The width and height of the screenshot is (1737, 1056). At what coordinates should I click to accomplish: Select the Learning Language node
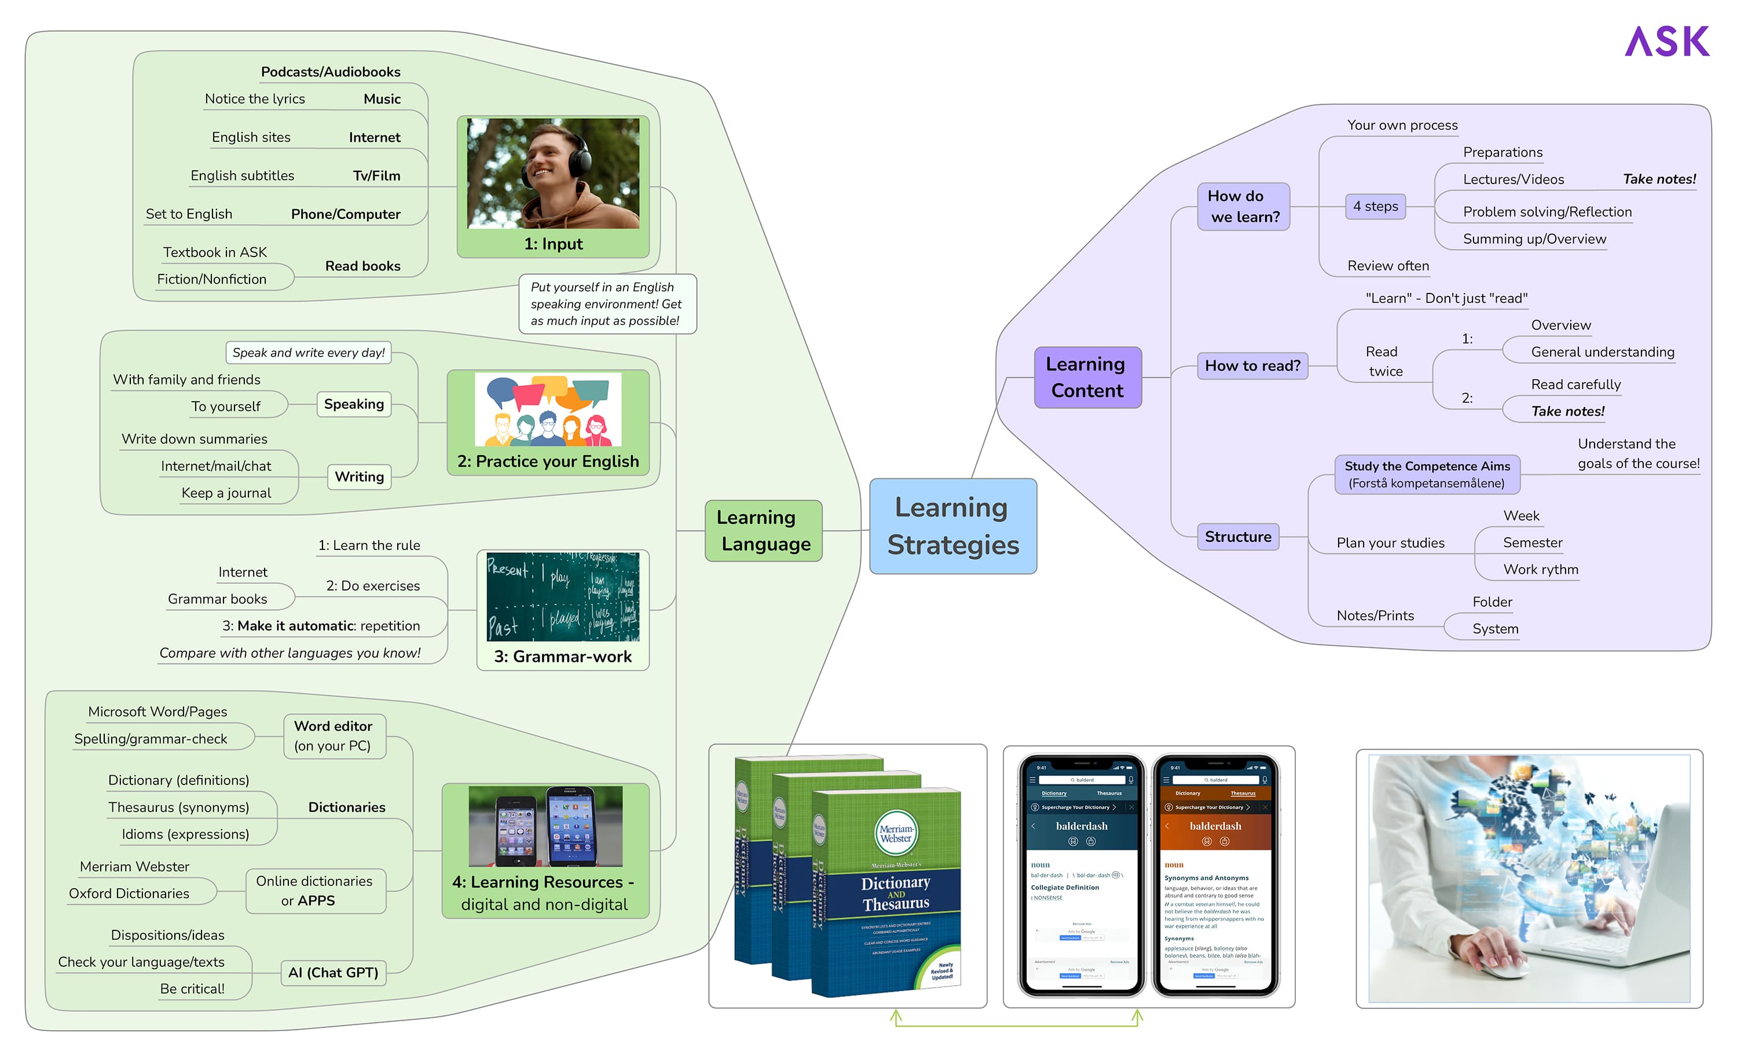point(764,531)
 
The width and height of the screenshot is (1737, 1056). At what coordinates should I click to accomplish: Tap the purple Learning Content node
point(1087,377)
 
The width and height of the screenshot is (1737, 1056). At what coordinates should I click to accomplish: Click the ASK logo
point(1666,42)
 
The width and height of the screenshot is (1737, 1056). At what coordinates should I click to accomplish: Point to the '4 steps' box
point(1375,207)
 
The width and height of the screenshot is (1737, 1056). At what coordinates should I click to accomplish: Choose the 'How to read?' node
point(1252,366)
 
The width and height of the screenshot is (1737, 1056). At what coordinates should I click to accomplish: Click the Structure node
point(1237,537)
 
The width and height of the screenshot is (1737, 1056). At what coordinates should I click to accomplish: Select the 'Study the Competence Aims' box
point(1427,474)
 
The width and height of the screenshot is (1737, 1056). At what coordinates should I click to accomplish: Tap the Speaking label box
point(354,404)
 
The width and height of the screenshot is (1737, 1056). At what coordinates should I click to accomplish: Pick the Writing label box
point(359,476)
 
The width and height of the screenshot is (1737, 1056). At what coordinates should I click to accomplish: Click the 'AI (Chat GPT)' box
point(333,973)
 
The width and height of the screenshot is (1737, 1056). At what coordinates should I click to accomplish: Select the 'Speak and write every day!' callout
point(308,353)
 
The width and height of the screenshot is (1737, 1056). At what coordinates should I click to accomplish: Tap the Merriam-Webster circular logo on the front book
point(895,833)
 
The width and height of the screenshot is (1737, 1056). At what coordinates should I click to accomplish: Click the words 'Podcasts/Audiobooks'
point(330,72)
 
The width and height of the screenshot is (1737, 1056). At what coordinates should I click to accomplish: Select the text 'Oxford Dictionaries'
point(129,894)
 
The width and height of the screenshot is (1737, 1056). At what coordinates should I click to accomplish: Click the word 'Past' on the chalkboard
point(503,625)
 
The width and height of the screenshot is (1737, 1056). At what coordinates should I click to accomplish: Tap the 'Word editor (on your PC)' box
point(334,736)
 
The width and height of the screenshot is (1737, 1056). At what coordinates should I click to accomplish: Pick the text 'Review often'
point(1387,266)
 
